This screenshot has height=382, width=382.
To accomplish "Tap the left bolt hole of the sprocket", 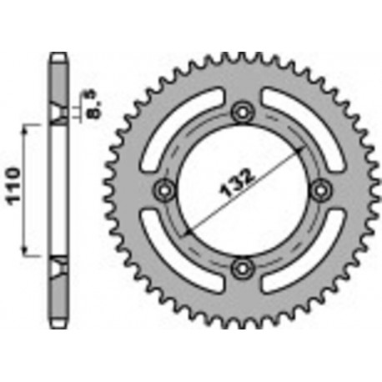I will point(164,188).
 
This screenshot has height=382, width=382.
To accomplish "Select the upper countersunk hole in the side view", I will point(58,116).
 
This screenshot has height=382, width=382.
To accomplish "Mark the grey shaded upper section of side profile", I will point(58,83).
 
